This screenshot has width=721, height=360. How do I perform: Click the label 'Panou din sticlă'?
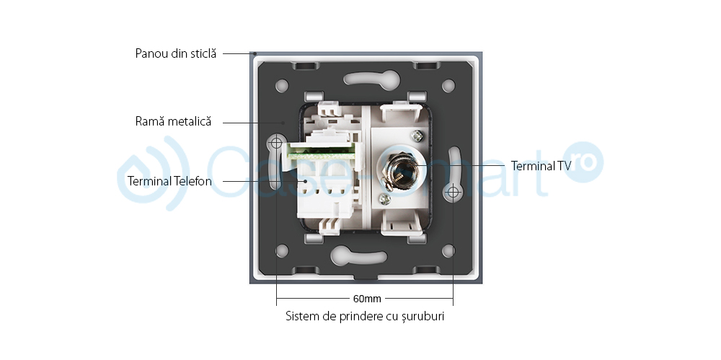click(175, 53)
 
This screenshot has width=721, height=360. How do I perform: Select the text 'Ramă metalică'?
click(173, 122)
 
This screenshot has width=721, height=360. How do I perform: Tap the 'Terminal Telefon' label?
click(169, 181)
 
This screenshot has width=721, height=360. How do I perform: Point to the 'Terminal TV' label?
click(541, 165)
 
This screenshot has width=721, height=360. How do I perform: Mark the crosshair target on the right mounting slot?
click(454, 193)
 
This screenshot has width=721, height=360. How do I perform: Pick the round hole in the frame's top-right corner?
click(448, 86)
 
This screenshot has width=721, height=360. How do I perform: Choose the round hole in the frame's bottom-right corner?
click(448, 251)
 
